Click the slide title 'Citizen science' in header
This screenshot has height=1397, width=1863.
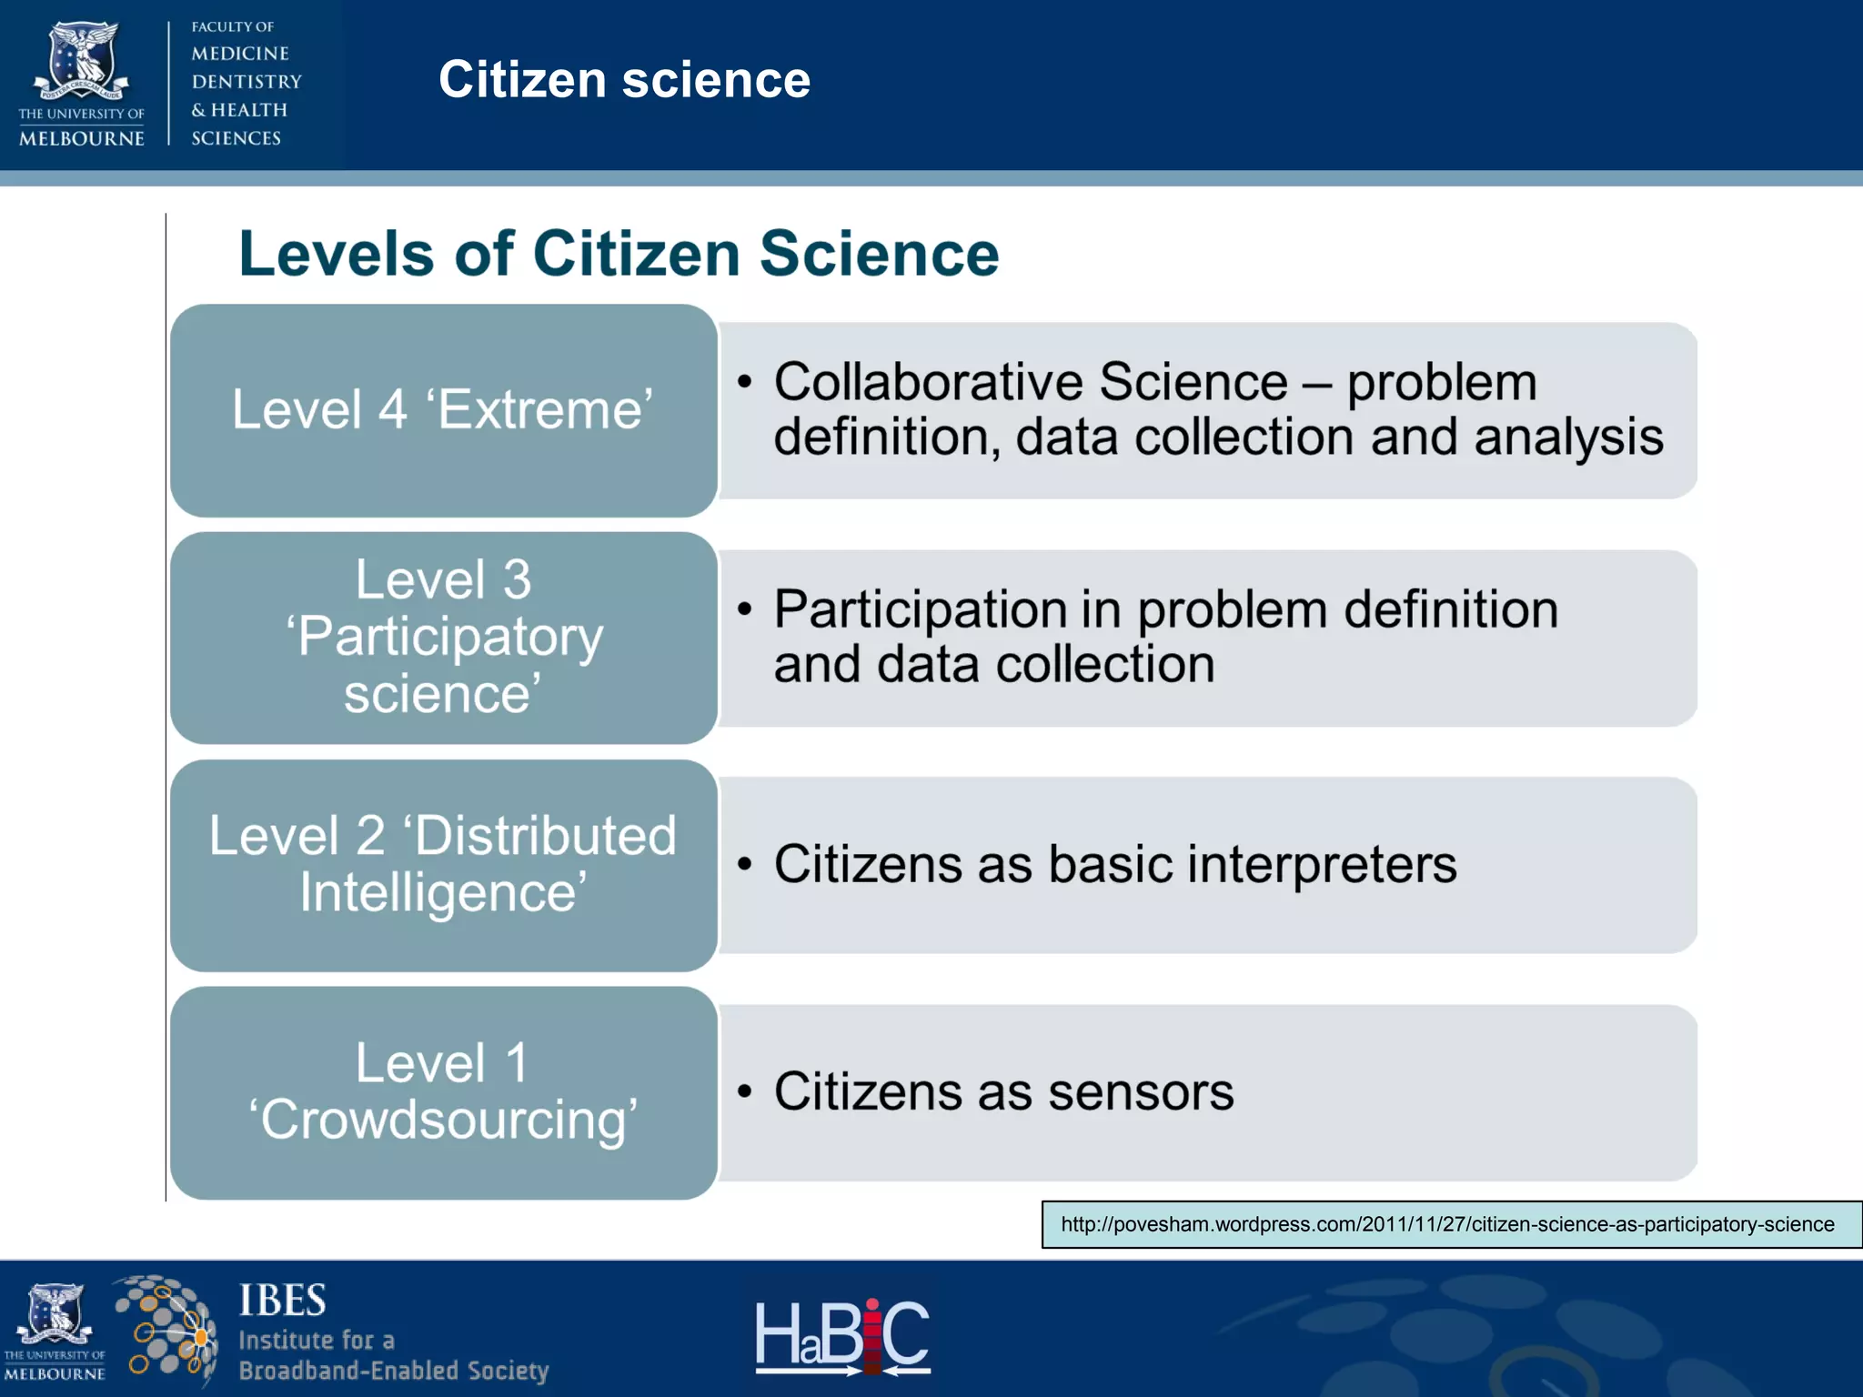(x=624, y=80)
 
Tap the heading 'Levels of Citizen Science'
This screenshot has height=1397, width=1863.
(x=619, y=254)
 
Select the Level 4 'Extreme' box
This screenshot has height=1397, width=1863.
(x=443, y=410)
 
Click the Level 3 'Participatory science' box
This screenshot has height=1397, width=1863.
(x=443, y=638)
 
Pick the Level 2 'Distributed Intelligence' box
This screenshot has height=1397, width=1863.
(x=443, y=865)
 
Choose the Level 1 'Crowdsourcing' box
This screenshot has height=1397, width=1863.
(x=443, y=1092)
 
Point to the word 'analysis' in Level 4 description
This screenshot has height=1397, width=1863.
(x=1568, y=437)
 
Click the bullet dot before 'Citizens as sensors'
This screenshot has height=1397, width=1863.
(x=745, y=1090)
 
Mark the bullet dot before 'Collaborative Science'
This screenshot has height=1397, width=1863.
(x=745, y=381)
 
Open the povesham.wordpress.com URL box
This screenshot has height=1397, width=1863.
(x=1447, y=1224)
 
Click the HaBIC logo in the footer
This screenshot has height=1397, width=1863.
(x=842, y=1335)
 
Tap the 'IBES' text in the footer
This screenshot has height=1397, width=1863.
(x=282, y=1301)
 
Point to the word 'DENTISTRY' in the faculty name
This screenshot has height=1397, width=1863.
(x=247, y=82)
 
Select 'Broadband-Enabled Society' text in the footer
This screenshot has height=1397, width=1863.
(x=393, y=1371)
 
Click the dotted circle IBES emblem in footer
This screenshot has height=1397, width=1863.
(x=166, y=1330)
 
